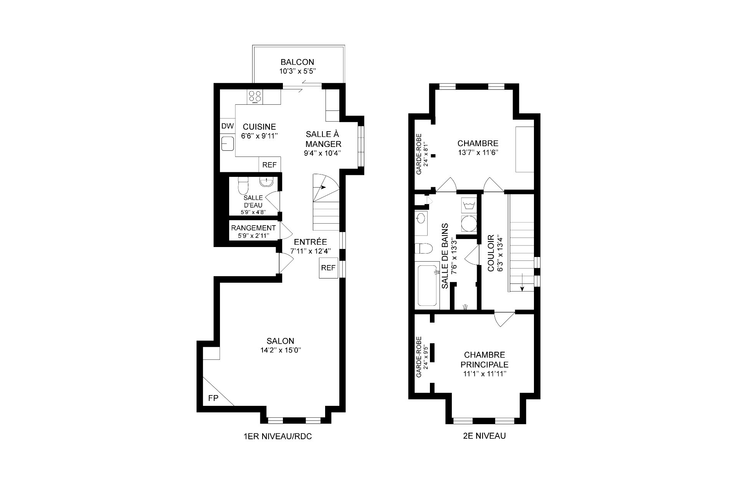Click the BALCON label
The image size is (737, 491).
click(297, 62)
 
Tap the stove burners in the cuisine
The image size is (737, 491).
click(255, 96)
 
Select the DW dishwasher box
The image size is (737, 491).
click(227, 126)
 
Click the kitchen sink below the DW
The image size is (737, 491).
click(228, 143)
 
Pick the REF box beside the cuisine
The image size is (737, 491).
click(269, 165)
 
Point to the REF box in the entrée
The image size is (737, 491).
click(328, 268)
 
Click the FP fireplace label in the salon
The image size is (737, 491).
click(213, 399)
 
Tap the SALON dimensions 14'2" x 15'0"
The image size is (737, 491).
click(280, 350)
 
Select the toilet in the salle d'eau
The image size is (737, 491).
click(243, 186)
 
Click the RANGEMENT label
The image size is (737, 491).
click(253, 228)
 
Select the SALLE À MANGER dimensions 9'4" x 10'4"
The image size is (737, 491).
click(322, 153)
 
